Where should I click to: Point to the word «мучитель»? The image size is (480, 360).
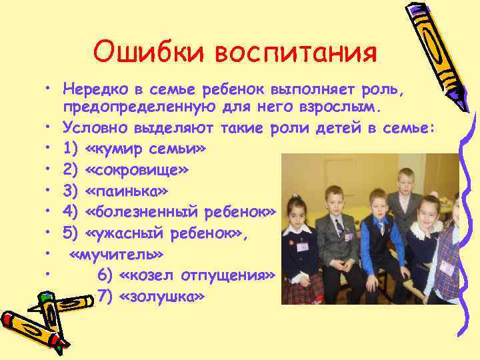coord(116,255)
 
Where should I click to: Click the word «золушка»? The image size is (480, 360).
coord(161,297)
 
